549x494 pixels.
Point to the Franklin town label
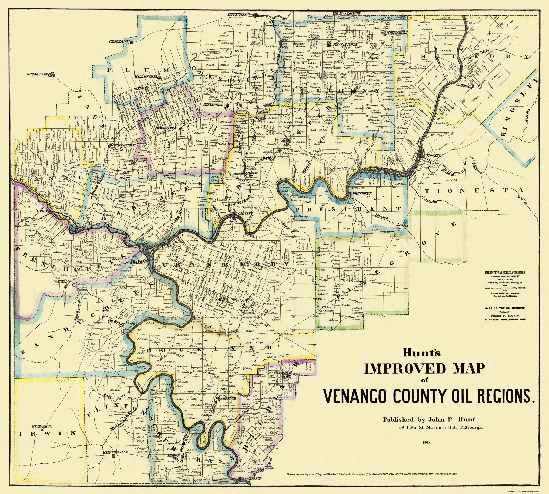pos(138,262)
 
